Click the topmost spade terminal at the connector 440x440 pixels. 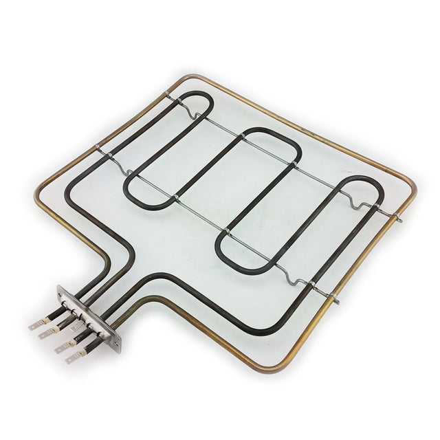coord(36,324)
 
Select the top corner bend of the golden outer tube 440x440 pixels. coord(180,78)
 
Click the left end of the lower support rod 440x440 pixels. coord(98,149)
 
